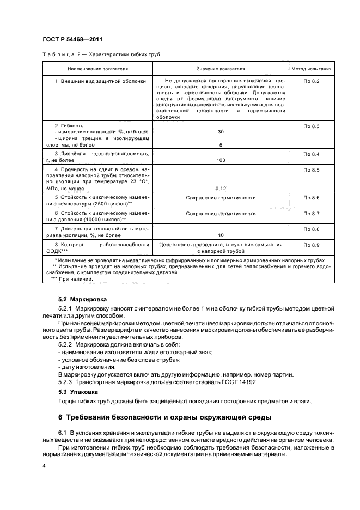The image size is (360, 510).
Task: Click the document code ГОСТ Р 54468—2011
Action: [x=72, y=40]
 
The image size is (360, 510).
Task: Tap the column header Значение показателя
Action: [x=221, y=69]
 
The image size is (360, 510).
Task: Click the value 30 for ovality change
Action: [x=221, y=132]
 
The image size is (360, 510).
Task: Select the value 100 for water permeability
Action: [x=221, y=160]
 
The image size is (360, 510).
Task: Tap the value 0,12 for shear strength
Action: [x=221, y=188]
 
